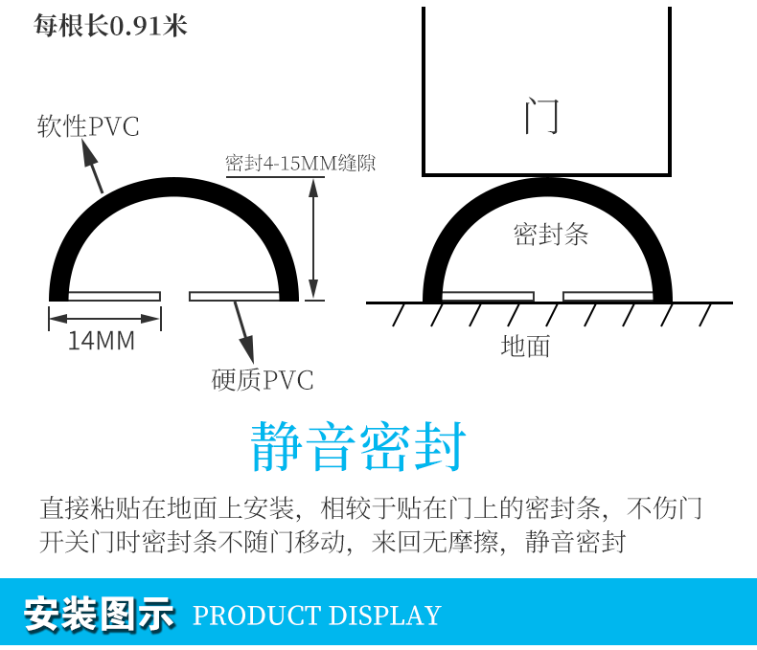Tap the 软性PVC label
88,126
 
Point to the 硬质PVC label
263,380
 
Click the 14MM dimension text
102,340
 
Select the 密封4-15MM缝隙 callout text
300,164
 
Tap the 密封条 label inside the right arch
551,234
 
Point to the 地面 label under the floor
525,346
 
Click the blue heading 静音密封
358,446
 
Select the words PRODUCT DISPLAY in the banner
316,615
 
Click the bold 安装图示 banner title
100,614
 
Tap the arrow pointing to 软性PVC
92,167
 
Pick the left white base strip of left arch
113,296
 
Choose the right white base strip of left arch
235,296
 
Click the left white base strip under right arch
487,296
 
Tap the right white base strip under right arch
608,296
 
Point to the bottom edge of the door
546,175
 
